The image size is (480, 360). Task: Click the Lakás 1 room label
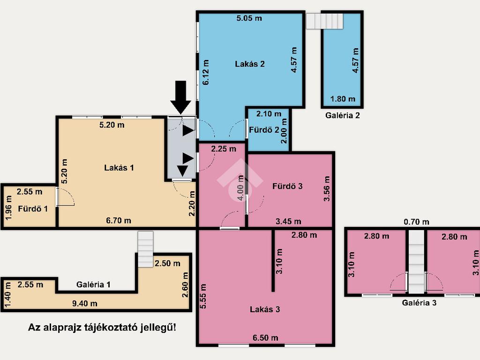[119, 168]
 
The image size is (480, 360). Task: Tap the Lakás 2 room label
[250, 64]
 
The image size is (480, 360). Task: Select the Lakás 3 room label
[265, 309]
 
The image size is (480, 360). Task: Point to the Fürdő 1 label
[33, 209]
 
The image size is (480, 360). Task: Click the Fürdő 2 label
[264, 130]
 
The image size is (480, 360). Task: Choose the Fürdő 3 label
[287, 186]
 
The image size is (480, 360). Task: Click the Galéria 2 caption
[342, 115]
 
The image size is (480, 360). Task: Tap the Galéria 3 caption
[419, 303]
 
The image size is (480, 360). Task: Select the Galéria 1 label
[93, 285]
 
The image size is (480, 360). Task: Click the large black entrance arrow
[180, 97]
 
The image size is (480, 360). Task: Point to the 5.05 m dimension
[249, 18]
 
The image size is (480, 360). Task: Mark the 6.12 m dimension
[206, 72]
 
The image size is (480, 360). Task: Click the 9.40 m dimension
[85, 303]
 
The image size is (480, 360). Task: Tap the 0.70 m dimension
[416, 222]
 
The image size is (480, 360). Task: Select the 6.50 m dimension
[265, 337]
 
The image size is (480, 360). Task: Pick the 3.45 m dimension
[288, 221]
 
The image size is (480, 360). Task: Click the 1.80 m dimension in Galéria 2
[343, 99]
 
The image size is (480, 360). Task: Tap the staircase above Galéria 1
[145, 249]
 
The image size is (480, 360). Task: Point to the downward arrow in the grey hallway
[182, 171]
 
